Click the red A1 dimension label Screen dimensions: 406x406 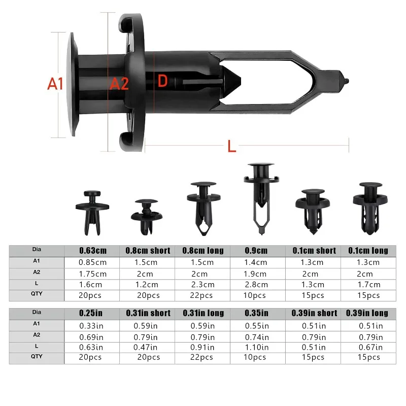(55, 84)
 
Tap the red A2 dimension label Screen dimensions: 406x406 (119, 84)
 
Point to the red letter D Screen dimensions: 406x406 (162, 81)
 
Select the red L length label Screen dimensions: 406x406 (232, 146)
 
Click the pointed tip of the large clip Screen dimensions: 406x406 (348, 82)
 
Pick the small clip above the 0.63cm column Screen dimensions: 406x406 (92, 213)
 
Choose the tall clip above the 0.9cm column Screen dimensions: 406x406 (261, 198)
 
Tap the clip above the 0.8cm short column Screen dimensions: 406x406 (147, 217)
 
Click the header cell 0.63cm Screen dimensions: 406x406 (93, 251)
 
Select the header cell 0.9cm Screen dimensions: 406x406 (256, 251)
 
